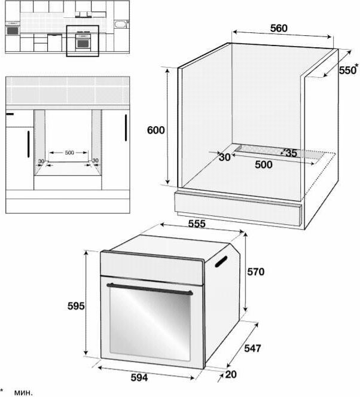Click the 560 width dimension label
tap(279, 28)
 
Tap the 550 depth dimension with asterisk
tap(349, 69)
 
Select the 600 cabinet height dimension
tap(155, 130)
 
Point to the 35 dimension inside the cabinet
tap(291, 153)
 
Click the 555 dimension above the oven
tap(197, 224)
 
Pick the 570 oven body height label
tap(256, 271)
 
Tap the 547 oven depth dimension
tap(252, 348)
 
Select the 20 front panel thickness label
tap(231, 374)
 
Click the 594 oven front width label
tap(139, 377)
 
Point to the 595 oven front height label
tap(76, 306)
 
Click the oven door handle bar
tap(150, 289)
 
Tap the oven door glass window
tap(150, 323)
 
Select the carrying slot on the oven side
tap(221, 261)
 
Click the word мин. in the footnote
tap(23, 392)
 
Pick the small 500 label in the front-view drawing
tap(69, 152)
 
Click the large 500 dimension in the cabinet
tap(264, 164)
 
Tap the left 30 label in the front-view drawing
tap(41, 161)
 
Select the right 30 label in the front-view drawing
tap(95, 160)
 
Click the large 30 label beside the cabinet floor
tap(225, 157)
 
